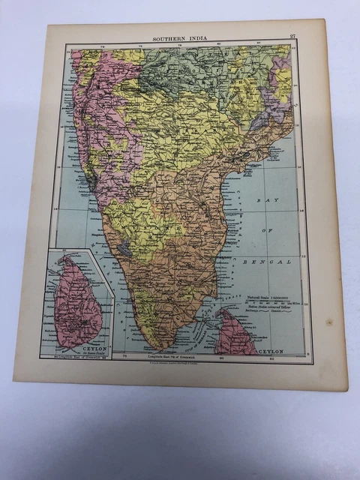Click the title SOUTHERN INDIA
181,36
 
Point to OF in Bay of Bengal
267,232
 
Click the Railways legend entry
256,314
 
